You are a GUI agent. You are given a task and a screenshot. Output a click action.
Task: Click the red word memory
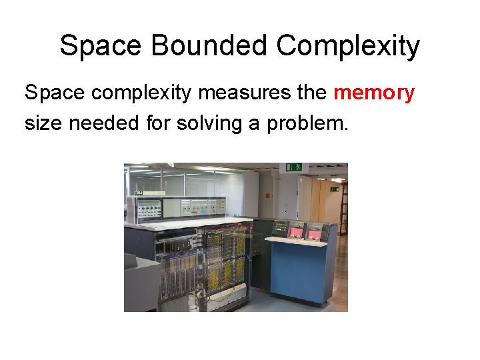[374, 93]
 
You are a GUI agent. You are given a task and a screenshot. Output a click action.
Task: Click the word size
[41, 123]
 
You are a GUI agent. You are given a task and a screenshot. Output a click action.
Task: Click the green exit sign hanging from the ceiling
[294, 167]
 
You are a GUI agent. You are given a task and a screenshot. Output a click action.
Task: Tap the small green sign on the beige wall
[334, 189]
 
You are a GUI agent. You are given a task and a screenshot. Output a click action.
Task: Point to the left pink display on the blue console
[295, 231]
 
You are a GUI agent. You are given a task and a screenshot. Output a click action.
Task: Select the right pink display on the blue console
[313, 233]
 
